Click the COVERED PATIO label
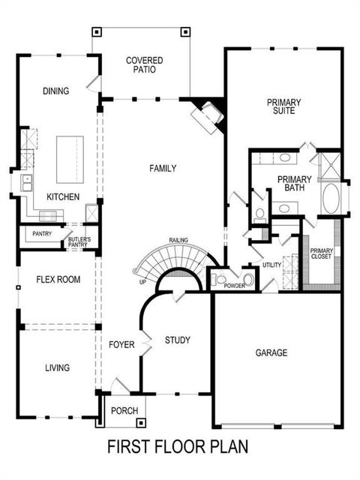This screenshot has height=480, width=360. (x=145, y=65)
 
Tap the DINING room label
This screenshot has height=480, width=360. (x=55, y=91)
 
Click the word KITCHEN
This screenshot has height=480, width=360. (x=63, y=196)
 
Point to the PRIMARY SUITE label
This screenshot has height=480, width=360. (x=283, y=106)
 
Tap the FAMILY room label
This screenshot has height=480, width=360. (x=163, y=169)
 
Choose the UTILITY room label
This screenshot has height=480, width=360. (x=271, y=265)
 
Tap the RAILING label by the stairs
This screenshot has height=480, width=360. (x=178, y=240)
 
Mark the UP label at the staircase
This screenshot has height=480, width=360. (x=142, y=283)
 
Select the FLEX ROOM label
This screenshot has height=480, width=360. (x=58, y=280)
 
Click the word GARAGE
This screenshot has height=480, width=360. (x=271, y=352)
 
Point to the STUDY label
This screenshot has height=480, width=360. (x=178, y=340)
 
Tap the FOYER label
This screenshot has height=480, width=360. (x=121, y=345)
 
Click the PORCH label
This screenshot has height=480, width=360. (x=124, y=410)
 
